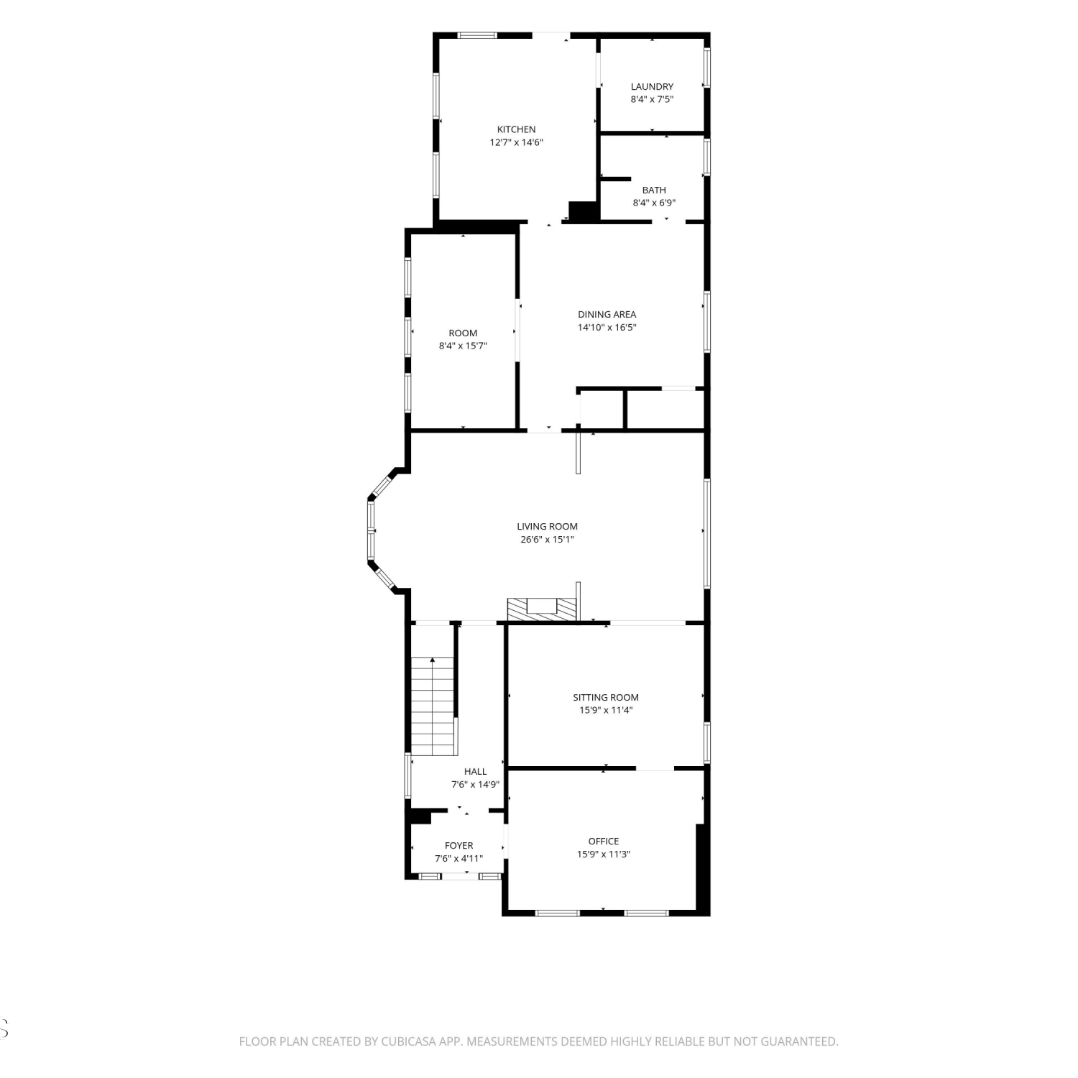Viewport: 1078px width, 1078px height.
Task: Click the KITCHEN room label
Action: coord(516,129)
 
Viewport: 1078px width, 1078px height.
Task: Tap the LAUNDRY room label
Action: coord(652,86)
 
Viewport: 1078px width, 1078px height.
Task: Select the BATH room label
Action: coord(654,190)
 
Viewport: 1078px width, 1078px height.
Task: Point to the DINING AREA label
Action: coord(607,314)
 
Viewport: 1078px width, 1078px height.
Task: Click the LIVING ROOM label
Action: coord(547,526)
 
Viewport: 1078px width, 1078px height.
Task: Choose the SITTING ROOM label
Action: coord(606,697)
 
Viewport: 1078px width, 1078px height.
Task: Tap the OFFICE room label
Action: coord(604,841)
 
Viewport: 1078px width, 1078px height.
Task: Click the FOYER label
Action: coord(459,846)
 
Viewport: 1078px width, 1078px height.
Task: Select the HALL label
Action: coord(475,771)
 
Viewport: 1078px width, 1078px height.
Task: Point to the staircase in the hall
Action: coord(433,706)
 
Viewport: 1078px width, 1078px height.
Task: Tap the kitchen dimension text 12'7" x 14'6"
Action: coord(516,142)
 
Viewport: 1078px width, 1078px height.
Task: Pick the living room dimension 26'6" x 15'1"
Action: coord(547,539)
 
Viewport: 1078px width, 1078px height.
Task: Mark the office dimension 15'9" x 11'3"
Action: coord(604,854)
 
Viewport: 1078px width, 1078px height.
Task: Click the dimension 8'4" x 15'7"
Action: coord(463,346)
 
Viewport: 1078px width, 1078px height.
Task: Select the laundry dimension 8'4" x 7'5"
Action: coord(652,99)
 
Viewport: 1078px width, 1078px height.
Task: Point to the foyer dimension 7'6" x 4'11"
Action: coord(459,859)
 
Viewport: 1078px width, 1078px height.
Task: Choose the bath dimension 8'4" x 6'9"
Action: coord(654,203)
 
